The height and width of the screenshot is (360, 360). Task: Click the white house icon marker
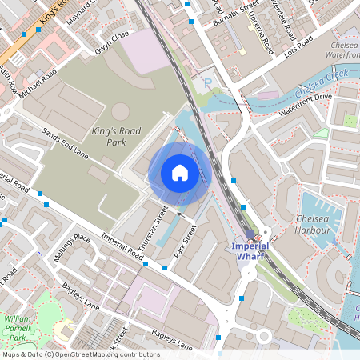pos(180,173)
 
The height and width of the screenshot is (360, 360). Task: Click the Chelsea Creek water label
pos(326,78)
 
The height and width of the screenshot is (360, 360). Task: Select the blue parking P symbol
pos(208,83)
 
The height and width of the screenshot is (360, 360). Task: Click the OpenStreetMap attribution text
pos(80,354)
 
